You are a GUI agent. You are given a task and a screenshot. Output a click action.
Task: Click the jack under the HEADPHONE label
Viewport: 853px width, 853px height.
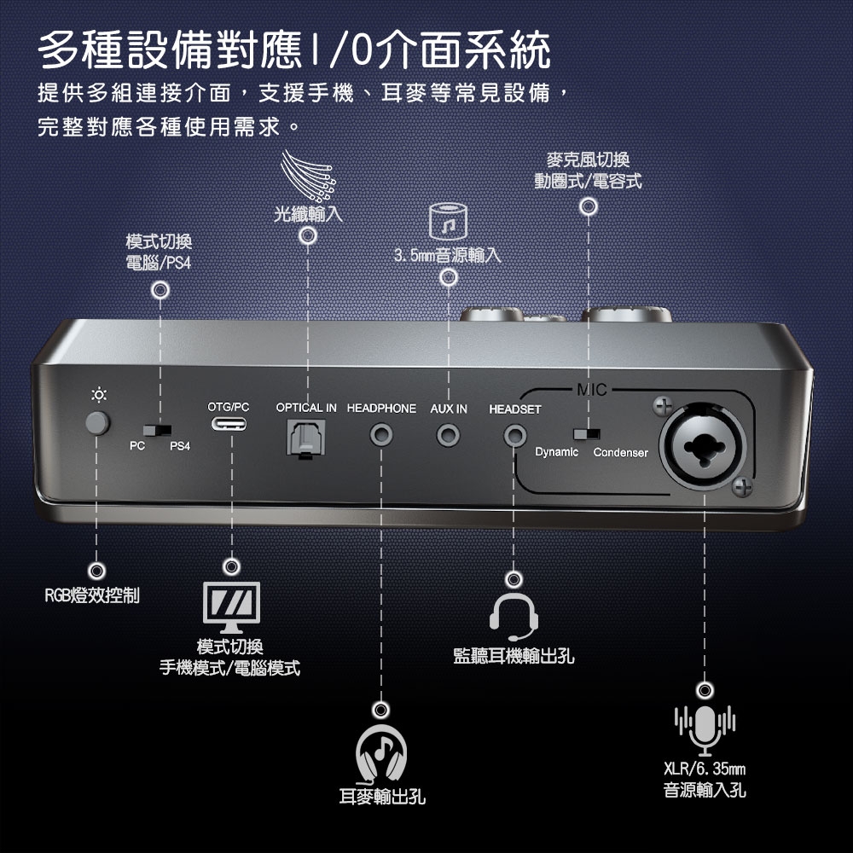381,438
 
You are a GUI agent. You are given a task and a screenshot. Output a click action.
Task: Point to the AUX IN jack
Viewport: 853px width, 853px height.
448,438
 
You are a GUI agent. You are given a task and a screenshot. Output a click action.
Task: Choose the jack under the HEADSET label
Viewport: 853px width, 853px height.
514,438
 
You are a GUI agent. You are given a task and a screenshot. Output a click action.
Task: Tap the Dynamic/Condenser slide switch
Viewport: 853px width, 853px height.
586,433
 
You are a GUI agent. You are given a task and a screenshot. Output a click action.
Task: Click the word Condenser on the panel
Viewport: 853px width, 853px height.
620,452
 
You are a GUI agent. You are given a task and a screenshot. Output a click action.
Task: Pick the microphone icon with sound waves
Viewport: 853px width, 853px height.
705,730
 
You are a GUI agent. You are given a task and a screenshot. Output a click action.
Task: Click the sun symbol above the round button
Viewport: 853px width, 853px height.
100,395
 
